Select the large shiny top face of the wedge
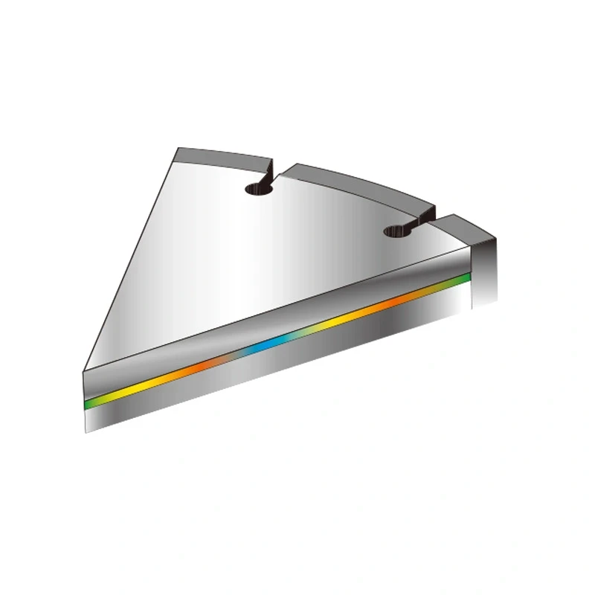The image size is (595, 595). tap(283, 253)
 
